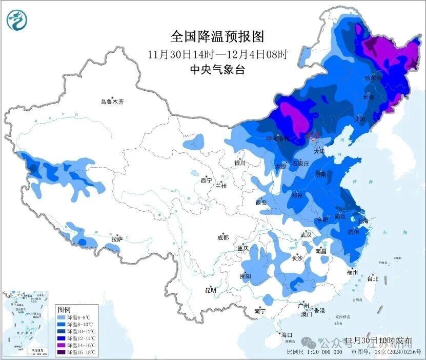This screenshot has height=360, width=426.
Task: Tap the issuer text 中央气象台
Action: point(217,70)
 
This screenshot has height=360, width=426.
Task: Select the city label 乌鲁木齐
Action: point(112,102)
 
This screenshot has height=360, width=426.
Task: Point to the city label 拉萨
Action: point(117,238)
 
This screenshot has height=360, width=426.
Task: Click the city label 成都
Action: point(223,237)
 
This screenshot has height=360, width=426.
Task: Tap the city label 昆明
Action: point(211,290)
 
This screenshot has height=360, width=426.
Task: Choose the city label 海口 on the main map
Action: point(287,335)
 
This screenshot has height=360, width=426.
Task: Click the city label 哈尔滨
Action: point(374,78)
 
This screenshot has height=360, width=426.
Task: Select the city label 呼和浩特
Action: point(277,139)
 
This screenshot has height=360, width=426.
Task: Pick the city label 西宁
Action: point(206,181)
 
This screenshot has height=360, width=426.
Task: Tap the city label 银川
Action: point(240,163)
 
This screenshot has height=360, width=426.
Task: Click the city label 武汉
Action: point(306,234)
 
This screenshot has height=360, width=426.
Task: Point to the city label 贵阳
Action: point(245,276)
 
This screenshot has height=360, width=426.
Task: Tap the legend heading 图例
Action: point(64,310)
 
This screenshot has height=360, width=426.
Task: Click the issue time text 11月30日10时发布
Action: point(378,341)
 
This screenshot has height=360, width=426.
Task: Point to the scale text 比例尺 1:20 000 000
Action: point(315,352)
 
